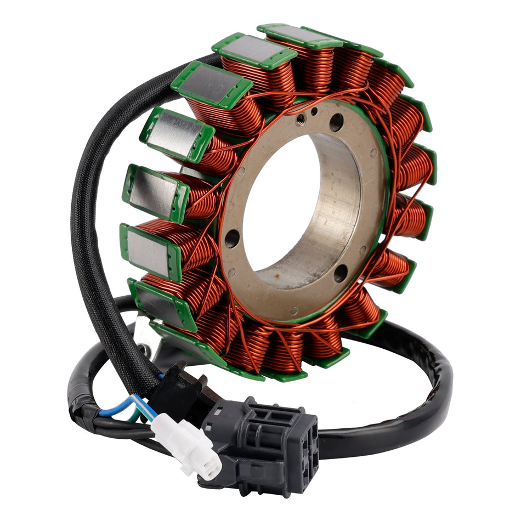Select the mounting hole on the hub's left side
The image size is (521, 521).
pos(233,237)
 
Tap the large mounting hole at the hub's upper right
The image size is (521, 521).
pos(337,122)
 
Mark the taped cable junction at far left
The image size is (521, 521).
pos(82,406)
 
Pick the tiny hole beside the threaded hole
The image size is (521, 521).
pos(314,111)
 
